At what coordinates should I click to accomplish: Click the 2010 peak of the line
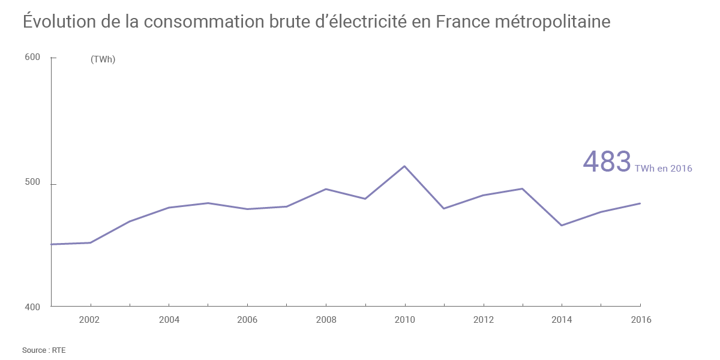click(404, 166)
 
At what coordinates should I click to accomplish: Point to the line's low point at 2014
click(562, 226)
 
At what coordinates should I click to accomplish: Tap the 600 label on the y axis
click(32, 58)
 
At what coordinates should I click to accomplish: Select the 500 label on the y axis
click(32, 182)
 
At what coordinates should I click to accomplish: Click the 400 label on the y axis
click(32, 307)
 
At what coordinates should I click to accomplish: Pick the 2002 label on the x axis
click(89, 320)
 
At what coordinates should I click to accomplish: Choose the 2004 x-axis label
click(169, 320)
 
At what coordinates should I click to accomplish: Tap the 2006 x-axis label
click(247, 320)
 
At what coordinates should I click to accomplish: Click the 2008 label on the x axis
click(326, 320)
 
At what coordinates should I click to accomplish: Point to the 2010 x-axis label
click(405, 320)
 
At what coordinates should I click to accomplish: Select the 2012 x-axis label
click(483, 320)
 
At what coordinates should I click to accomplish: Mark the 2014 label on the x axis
click(562, 320)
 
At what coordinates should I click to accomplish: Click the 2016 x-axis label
click(640, 320)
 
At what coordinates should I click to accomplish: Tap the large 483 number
click(607, 162)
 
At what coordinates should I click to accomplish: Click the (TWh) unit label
click(103, 59)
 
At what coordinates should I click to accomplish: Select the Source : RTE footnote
click(44, 350)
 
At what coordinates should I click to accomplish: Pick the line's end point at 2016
click(640, 203)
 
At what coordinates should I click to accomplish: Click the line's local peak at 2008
click(325, 189)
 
